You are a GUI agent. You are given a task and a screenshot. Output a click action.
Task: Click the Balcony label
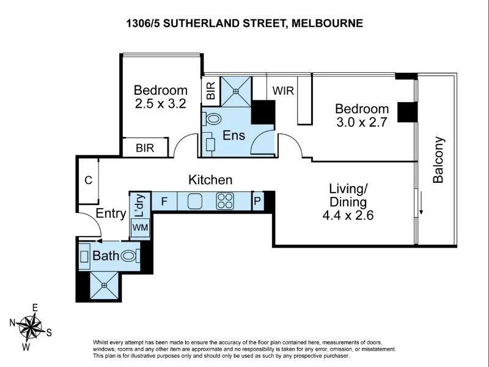(x=438, y=160)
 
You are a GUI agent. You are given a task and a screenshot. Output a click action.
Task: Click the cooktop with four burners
(x=225, y=201)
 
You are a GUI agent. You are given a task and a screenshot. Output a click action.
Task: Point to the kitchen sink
(x=195, y=201)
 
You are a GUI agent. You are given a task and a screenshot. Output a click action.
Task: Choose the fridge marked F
(x=164, y=202)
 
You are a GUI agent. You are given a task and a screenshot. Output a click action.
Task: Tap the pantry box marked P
(x=257, y=201)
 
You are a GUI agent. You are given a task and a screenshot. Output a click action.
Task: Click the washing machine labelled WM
(x=141, y=227)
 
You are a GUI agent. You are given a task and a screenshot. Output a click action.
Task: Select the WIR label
(x=283, y=91)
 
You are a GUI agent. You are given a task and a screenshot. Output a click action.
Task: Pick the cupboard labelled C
(x=89, y=180)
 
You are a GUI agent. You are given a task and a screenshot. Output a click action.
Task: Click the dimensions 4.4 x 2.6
(x=348, y=215)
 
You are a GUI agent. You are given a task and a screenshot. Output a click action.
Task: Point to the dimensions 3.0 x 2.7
(x=361, y=122)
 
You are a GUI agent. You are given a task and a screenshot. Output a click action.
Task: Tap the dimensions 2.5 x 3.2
(x=161, y=103)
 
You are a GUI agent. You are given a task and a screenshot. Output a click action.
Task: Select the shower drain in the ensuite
(x=236, y=91)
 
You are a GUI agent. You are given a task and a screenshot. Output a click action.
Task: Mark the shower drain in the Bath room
(x=104, y=285)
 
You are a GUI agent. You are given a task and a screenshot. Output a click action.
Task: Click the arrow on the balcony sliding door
(x=421, y=203)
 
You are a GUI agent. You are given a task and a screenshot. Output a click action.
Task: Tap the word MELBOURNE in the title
(x=327, y=23)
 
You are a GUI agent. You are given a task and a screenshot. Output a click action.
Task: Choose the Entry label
(x=111, y=213)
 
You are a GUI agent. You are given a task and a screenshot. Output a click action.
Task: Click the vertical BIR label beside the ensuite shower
(x=211, y=91)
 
